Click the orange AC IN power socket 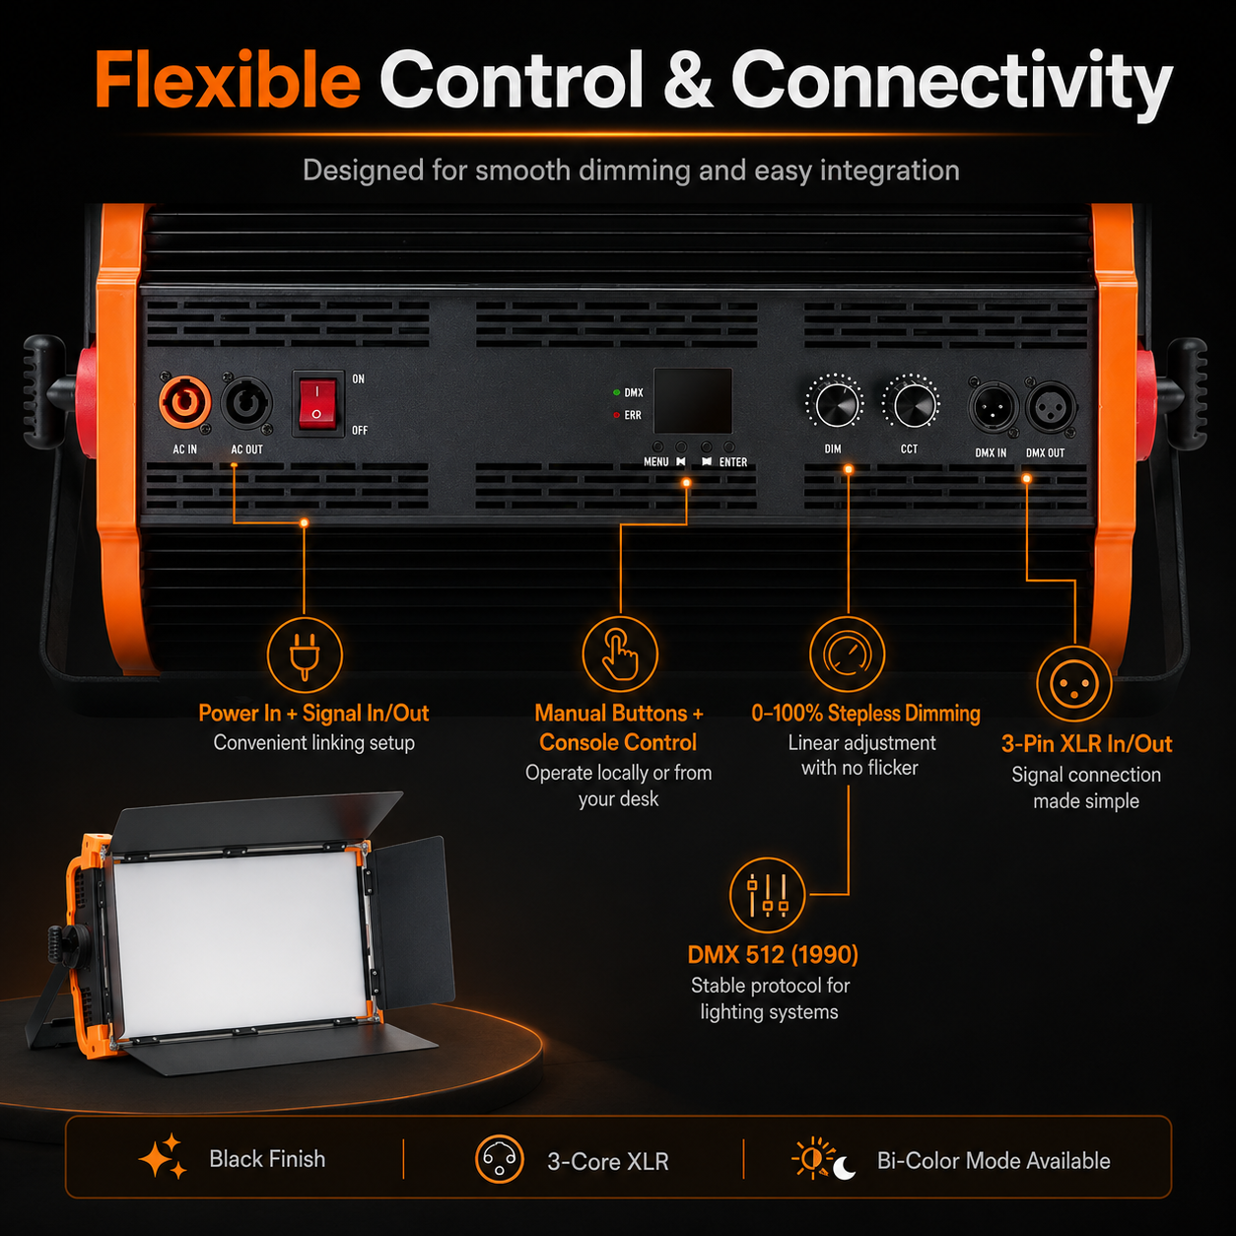tap(184, 402)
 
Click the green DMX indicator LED tap(616, 392)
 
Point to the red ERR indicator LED tap(616, 415)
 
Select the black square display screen tap(693, 401)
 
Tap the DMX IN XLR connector tap(993, 407)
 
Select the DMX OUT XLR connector tap(1051, 407)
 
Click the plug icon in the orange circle tap(304, 655)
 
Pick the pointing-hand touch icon tap(620, 654)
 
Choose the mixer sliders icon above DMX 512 tap(767, 895)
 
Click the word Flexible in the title tap(228, 81)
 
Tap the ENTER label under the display tap(733, 462)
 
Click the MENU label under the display tap(656, 462)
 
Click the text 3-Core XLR tap(608, 1162)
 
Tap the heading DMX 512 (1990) tap(773, 955)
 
